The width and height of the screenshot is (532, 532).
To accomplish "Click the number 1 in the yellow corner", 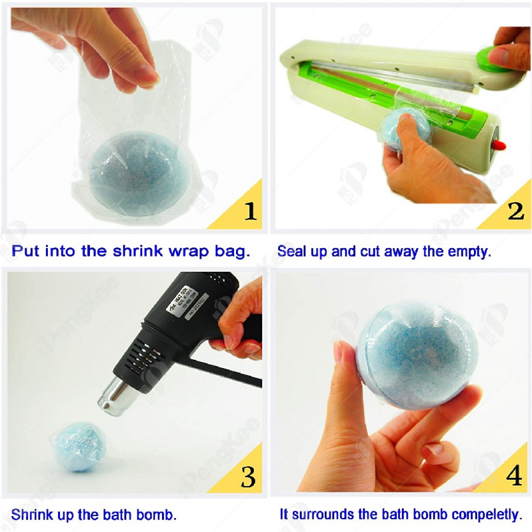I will (x=250, y=211).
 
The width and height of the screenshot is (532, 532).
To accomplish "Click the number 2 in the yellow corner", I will (x=516, y=211).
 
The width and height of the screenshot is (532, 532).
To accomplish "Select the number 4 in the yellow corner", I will (x=514, y=476).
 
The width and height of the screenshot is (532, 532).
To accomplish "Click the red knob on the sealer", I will (x=501, y=144).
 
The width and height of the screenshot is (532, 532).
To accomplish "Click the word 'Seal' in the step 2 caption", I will (x=289, y=251).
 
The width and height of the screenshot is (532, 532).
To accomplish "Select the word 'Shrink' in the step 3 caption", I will (x=29, y=515).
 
